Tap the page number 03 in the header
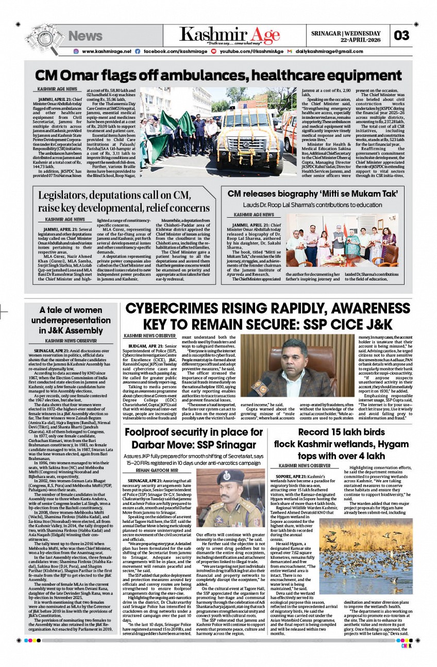tap(401, 36)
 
